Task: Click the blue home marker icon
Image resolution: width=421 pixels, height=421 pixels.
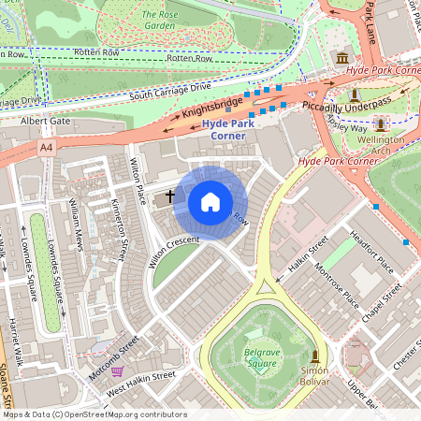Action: point(210,202)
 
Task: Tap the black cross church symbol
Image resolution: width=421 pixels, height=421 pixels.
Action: point(170,196)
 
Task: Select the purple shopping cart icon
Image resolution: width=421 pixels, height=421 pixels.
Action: point(117,370)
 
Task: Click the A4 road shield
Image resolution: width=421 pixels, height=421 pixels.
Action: point(47,148)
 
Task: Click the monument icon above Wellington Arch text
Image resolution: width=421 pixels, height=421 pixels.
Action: point(381,123)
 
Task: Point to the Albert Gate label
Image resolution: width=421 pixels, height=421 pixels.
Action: point(45,121)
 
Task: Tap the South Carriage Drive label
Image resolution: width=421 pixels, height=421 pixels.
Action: point(171,90)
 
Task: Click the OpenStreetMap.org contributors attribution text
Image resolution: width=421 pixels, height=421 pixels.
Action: point(122,414)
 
